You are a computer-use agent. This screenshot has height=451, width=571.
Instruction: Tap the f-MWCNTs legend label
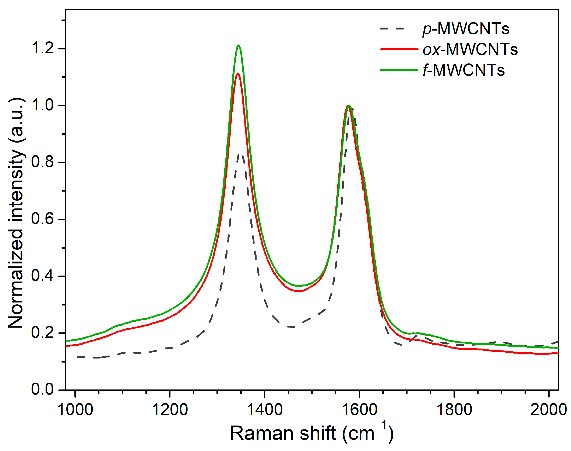(464, 70)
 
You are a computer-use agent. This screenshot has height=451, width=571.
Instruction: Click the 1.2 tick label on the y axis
(42, 48)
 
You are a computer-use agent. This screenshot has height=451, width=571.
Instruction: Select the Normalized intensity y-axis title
(16, 213)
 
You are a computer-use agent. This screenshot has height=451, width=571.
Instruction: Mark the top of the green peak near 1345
(239, 45)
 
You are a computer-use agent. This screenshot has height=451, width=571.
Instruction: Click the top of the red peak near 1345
(238, 73)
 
